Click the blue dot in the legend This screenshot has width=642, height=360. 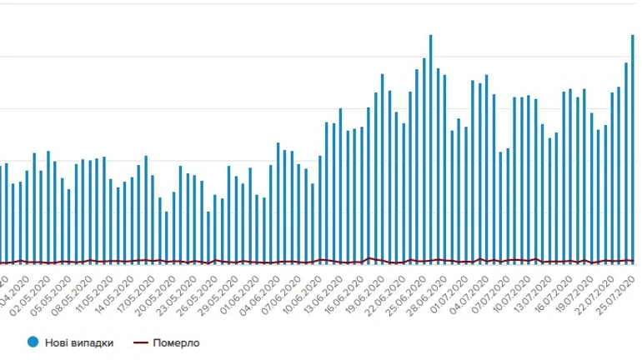33,342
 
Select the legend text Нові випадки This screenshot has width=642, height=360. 80,342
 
